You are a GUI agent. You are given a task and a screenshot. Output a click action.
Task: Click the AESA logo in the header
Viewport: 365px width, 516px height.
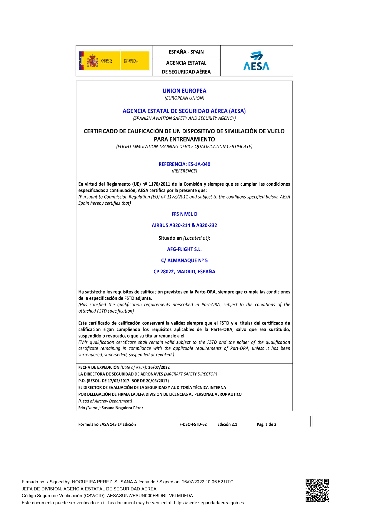(256, 61)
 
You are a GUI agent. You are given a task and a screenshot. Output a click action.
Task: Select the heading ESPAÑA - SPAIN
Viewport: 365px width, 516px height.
(186, 52)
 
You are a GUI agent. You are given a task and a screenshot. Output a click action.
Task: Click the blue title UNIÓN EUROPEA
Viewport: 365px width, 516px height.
(184, 91)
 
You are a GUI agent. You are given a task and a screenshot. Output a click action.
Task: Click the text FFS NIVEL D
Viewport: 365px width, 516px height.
(184, 214)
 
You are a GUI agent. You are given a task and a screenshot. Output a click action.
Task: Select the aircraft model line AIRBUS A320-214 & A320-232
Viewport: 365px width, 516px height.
(184, 225)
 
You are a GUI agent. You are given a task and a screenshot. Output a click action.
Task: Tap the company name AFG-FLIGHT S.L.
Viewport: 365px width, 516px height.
(184, 249)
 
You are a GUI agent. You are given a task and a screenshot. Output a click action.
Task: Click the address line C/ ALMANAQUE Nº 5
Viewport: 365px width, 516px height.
(184, 260)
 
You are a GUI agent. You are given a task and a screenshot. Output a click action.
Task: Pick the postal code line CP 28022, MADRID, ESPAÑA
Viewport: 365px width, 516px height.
(184, 272)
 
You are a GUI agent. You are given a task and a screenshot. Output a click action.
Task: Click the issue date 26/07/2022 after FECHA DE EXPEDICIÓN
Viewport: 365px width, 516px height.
(159, 367)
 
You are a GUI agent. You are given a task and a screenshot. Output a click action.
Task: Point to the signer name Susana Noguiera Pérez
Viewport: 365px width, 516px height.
(122, 408)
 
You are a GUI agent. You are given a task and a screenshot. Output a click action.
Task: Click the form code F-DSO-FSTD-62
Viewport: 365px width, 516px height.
(193, 425)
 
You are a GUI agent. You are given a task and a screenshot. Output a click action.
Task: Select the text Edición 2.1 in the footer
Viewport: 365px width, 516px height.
(227, 425)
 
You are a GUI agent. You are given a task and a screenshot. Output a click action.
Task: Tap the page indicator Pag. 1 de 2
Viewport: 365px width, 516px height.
(266, 425)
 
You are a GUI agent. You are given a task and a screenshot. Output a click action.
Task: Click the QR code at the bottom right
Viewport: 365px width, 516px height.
(317, 490)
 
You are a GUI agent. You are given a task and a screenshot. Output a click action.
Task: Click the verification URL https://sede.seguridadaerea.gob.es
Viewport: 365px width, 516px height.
(209, 503)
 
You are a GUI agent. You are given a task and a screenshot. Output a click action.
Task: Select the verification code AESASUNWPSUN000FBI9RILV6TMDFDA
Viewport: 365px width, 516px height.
(150, 496)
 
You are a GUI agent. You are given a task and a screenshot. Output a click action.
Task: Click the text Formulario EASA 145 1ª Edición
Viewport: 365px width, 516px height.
(107, 425)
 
